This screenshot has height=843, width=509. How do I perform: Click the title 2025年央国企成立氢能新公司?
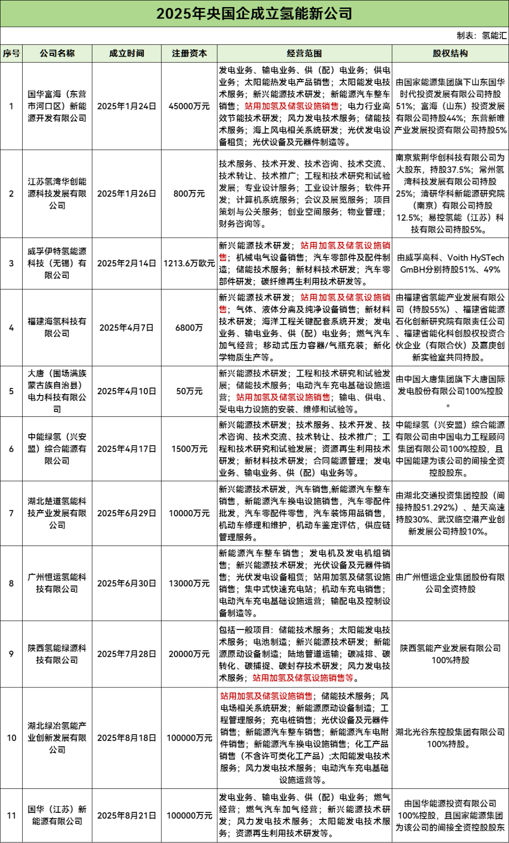coord(254,14)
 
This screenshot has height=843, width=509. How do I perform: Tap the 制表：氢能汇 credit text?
coord(481,35)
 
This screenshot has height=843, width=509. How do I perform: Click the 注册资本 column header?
coord(189,53)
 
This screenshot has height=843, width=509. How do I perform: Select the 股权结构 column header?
coord(450,53)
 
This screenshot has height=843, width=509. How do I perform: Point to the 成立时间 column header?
coord(126,53)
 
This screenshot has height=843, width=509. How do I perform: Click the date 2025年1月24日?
coord(126,106)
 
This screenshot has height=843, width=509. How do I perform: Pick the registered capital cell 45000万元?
coord(189,106)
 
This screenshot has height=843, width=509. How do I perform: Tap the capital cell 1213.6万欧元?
coord(189,263)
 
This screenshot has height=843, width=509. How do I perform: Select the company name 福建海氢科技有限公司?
coord(57,327)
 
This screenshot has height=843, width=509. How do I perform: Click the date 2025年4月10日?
coord(126,391)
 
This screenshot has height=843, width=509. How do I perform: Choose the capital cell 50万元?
coord(189,391)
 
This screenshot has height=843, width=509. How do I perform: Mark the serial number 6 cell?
coord(11,449)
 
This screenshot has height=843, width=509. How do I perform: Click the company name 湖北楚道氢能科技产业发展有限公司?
coord(57,513)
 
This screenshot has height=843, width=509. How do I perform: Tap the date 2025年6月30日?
coord(126,583)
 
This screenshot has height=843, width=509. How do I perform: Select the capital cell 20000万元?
coord(189,654)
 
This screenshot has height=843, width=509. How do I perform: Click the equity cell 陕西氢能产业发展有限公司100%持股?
coord(450,654)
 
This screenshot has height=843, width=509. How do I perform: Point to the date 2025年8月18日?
coord(126,737)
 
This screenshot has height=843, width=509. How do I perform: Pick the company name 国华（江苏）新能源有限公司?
coord(57,815)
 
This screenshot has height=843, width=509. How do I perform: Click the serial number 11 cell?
coord(11,815)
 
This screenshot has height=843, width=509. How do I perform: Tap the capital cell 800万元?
coord(189,193)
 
